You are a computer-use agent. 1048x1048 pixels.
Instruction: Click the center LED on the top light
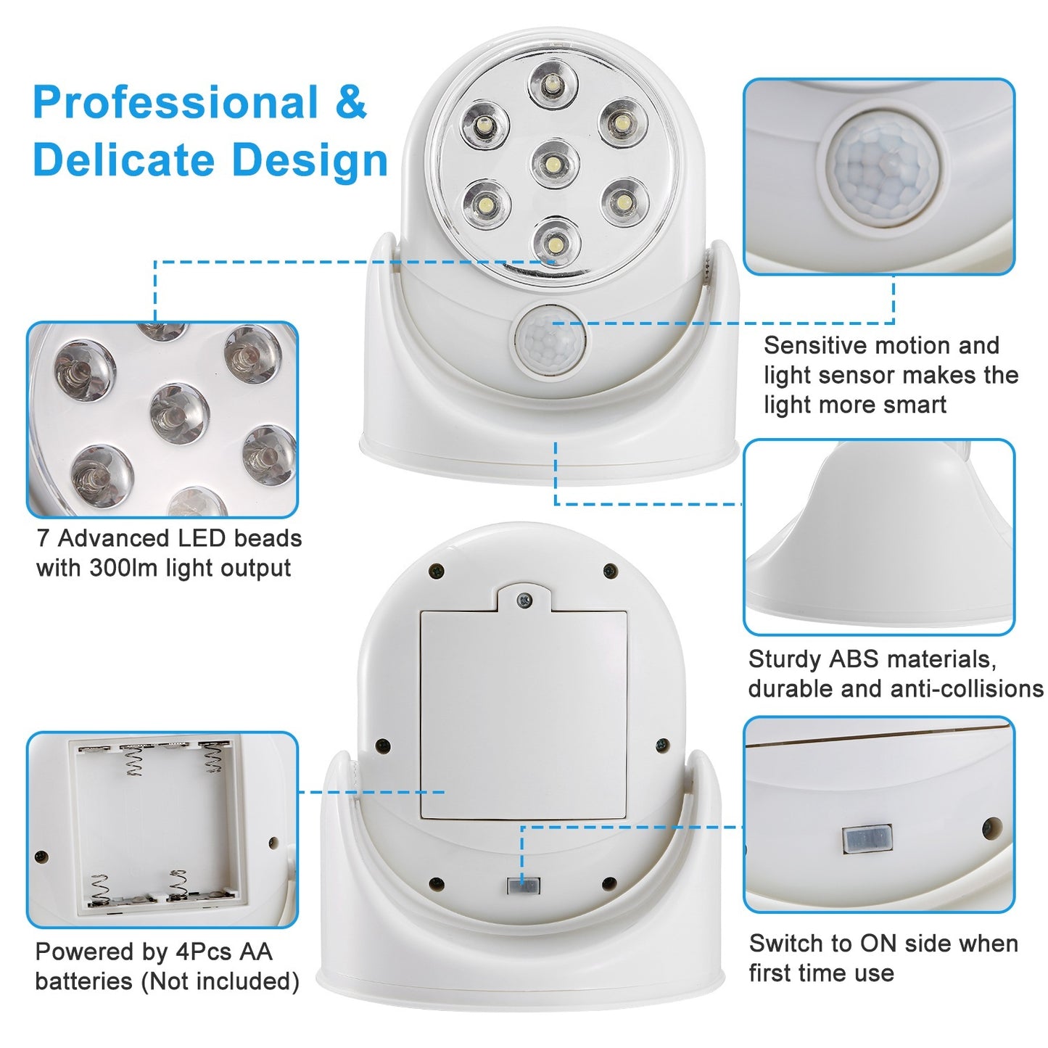555,162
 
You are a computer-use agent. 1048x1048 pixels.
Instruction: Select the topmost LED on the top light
553,84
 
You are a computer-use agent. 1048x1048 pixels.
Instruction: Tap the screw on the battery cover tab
524,600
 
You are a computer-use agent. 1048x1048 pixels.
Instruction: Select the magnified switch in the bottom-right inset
867,839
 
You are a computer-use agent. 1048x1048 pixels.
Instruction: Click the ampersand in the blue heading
350,102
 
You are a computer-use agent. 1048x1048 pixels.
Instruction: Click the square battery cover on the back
524,714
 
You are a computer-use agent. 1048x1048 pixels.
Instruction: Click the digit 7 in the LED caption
44,538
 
